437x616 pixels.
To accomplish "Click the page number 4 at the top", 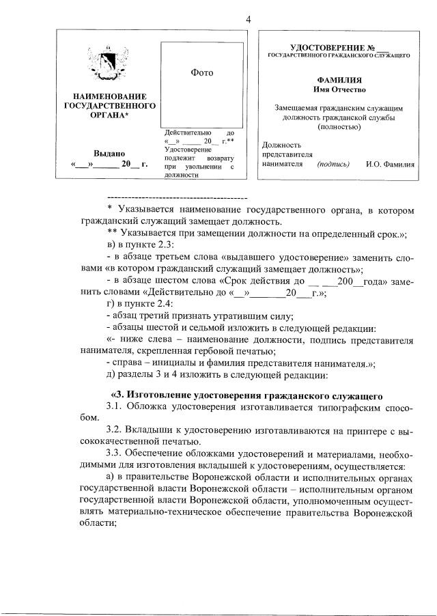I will point(249,19).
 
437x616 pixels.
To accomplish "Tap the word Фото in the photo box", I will point(203,72).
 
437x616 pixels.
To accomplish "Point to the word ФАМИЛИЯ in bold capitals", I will point(339,80).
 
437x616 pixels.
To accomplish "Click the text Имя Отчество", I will point(339,89).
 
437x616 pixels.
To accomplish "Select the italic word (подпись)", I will point(333,164).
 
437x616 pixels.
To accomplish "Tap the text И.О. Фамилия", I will point(390,164).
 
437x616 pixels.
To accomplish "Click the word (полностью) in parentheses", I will point(339,126).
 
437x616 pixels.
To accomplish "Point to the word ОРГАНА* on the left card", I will point(109,116).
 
